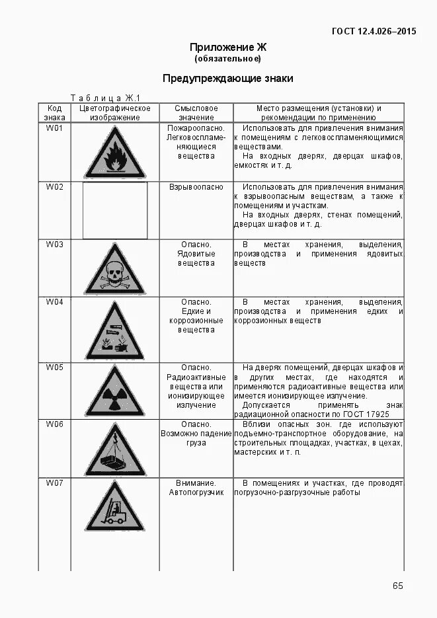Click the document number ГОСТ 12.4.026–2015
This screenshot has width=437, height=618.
coord(374,31)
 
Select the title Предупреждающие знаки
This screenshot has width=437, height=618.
coord(227,79)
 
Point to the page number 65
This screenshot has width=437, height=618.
coord(397,586)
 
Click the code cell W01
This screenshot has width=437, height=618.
coord(54,128)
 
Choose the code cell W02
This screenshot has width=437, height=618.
coord(54,187)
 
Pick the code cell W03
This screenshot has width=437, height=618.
coord(54,245)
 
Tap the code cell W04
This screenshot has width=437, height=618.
coord(54,302)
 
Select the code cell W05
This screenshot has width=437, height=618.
coord(54,367)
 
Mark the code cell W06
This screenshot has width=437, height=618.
coord(54,424)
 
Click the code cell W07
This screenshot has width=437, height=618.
coord(54,483)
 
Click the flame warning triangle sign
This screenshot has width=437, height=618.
coord(114,155)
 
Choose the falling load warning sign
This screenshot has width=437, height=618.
coord(114,451)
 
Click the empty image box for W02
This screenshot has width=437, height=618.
coord(114,210)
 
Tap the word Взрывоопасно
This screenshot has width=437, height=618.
coord(196,187)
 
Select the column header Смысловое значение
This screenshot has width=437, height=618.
coord(196,112)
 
